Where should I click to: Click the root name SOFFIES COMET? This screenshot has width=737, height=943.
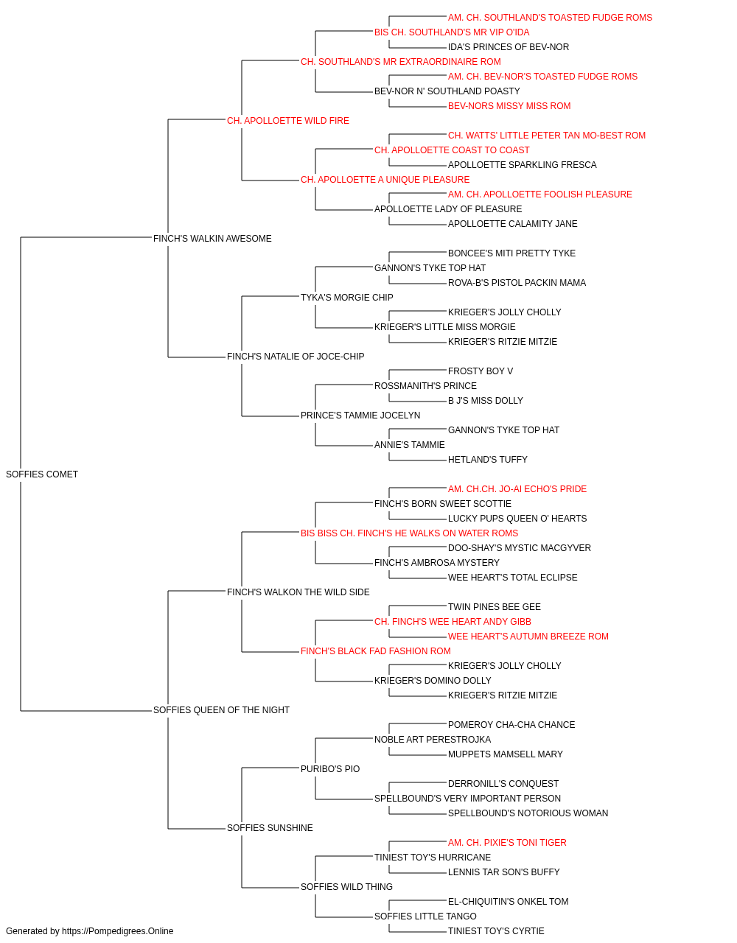tap(42, 474)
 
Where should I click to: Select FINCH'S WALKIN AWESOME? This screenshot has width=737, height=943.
tap(212, 238)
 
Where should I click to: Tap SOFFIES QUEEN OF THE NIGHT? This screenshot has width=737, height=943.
tap(221, 709)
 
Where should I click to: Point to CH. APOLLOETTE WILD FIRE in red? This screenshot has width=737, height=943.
tap(287, 121)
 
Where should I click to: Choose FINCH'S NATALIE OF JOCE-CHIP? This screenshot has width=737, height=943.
tap(296, 357)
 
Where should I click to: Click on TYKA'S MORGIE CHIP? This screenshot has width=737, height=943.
tap(347, 297)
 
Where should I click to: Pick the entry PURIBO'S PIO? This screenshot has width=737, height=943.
tap(330, 768)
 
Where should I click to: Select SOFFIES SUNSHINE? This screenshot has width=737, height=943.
tap(270, 827)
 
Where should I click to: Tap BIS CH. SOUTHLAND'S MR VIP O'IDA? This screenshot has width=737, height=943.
tap(452, 32)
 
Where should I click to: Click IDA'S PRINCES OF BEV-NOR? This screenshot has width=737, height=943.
tap(509, 47)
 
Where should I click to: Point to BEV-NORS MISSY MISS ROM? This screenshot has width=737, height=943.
tap(509, 106)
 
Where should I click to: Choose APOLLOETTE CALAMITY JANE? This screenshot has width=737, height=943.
tap(513, 223)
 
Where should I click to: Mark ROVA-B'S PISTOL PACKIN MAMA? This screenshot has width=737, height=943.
tap(517, 282)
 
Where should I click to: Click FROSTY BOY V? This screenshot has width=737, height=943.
tap(481, 371)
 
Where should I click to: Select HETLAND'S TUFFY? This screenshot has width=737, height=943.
tap(488, 459)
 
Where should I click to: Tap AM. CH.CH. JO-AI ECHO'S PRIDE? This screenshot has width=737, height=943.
tap(517, 488)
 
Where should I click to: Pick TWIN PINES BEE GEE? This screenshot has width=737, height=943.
tap(495, 606)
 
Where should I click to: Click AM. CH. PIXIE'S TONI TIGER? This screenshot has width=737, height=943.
tap(507, 842)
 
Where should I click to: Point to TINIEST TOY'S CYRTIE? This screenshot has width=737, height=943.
tap(496, 931)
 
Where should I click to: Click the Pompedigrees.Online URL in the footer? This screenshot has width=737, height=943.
tap(118, 931)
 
